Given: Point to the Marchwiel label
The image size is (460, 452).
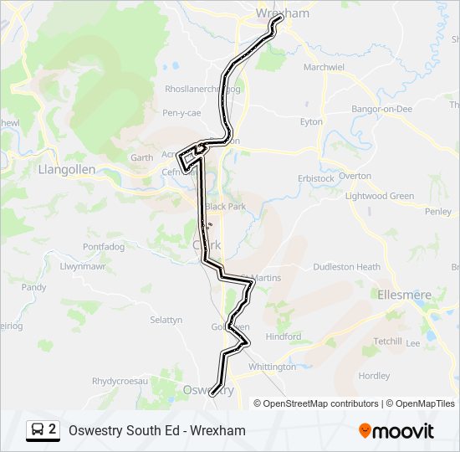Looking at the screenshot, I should pos(324,67).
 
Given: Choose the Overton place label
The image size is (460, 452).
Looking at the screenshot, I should pos(355,176).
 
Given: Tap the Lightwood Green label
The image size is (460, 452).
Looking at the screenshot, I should pos(380,196).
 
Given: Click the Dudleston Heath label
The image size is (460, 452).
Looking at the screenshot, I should pos(346,267).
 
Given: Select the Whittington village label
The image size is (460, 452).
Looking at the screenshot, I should pos(272,367).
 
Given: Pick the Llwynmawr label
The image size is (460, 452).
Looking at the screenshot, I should pos(83,267).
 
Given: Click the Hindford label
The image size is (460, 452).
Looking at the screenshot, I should pos(284,336).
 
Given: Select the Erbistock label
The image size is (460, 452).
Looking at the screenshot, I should pos(316,178).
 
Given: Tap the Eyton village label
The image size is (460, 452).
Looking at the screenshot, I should pos(311,121).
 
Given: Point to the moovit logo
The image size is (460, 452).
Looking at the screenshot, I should pos(396,431).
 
